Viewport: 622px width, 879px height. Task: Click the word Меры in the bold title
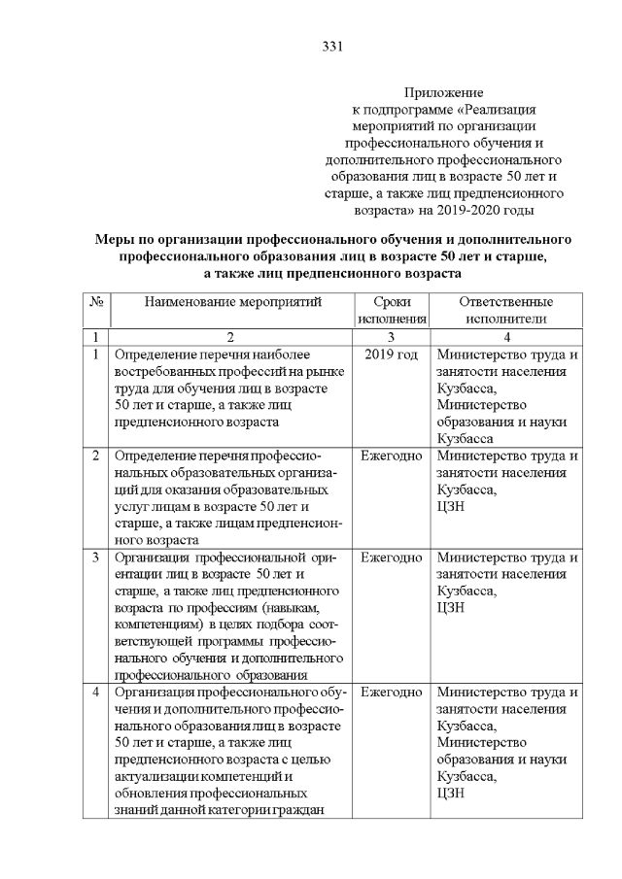coord(115,239)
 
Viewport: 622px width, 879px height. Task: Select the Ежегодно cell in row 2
coord(391,456)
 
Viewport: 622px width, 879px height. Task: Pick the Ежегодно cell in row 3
coord(391,558)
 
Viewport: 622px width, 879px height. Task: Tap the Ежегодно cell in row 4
coord(391,693)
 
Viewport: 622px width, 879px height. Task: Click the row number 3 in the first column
coord(96,558)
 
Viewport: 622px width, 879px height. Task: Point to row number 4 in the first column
coord(96,693)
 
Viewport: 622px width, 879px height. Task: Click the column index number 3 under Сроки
coord(391,336)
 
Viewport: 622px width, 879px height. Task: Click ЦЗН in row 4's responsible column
coord(452,794)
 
